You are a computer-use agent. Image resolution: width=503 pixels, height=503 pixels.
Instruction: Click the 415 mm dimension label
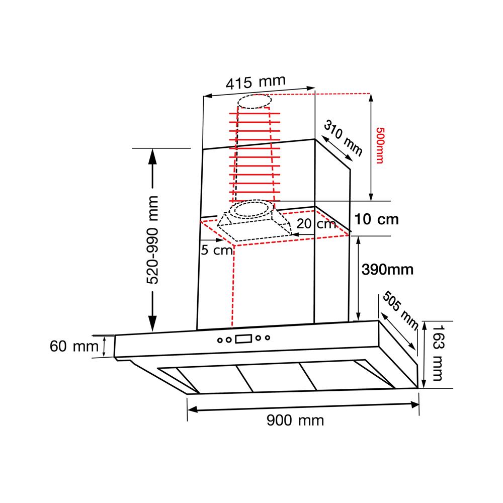[x=256, y=82]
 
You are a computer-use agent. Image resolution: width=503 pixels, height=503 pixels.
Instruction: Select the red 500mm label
[x=380, y=146]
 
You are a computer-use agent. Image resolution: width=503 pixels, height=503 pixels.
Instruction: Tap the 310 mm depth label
[x=343, y=137]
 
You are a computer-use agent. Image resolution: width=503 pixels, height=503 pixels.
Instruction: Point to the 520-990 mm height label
[x=153, y=240]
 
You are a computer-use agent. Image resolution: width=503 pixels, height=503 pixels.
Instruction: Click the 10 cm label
[x=376, y=219]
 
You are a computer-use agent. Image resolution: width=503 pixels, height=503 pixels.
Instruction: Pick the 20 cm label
[x=316, y=224]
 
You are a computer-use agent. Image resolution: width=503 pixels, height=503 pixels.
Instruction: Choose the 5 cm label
[x=216, y=250]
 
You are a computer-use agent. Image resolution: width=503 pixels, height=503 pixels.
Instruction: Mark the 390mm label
[x=387, y=270]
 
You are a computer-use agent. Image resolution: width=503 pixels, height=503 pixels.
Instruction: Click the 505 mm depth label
[x=401, y=310]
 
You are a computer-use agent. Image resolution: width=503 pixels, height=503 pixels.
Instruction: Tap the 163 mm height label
[x=438, y=353]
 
